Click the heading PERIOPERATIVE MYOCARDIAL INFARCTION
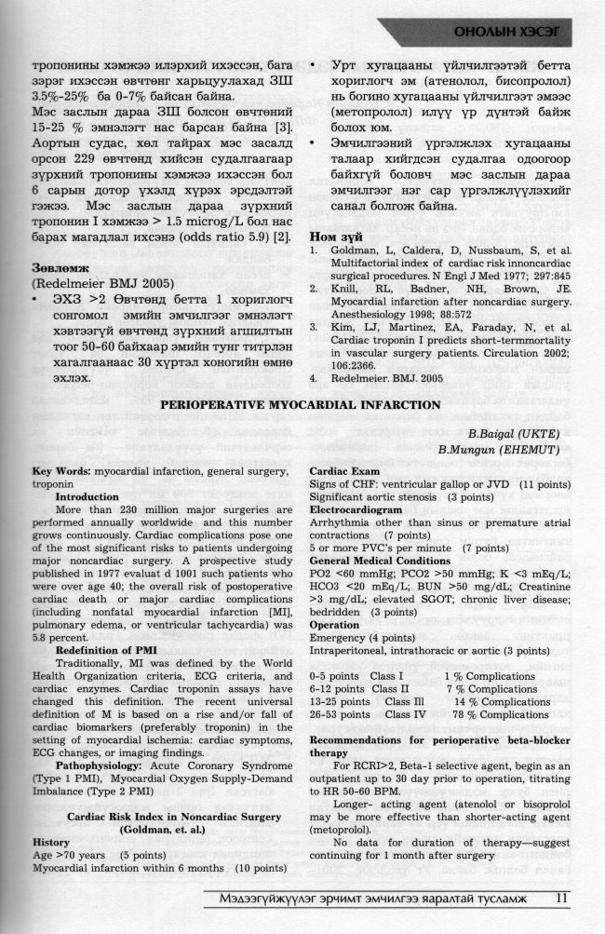(302, 405)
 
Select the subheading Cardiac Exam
(343, 473)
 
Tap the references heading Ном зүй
(334, 210)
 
